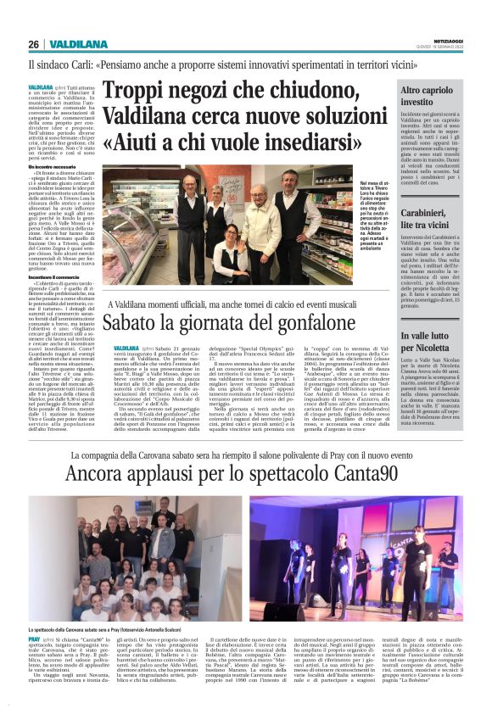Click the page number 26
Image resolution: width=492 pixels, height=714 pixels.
coord(34,44)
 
